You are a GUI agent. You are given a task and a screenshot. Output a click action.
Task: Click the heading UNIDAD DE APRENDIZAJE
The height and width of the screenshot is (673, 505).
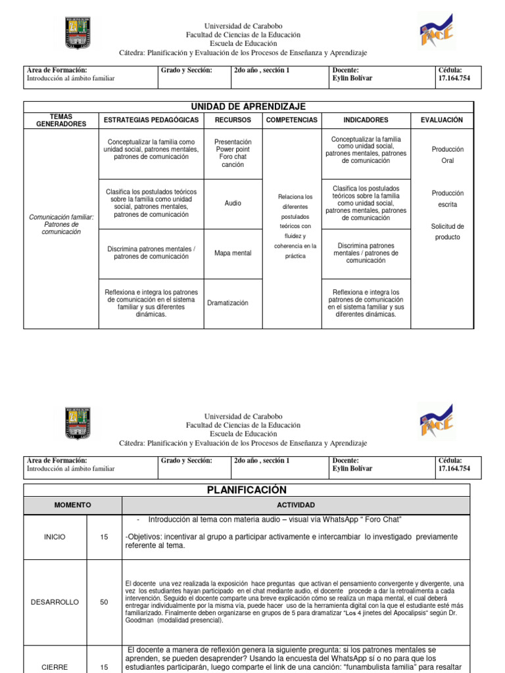click(x=248, y=106)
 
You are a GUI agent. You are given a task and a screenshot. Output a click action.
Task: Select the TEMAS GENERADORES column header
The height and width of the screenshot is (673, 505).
click(x=60, y=120)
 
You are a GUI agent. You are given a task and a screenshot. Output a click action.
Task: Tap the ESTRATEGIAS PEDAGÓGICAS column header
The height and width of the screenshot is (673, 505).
click(x=151, y=120)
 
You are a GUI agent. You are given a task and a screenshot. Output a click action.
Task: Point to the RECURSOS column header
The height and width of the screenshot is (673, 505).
click(x=233, y=120)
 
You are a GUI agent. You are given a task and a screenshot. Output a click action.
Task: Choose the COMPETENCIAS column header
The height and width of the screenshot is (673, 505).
click(x=291, y=120)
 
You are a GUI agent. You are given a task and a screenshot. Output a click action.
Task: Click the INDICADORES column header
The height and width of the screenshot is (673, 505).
click(x=366, y=120)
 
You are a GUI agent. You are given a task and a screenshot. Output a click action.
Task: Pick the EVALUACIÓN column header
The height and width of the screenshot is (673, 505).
click(x=442, y=120)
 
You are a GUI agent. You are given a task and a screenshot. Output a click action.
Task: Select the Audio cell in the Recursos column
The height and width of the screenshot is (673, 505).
click(x=233, y=204)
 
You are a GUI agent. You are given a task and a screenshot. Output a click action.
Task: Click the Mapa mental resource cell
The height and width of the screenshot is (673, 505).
click(x=233, y=253)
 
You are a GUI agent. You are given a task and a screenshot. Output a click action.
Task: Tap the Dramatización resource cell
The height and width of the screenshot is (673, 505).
click(x=228, y=303)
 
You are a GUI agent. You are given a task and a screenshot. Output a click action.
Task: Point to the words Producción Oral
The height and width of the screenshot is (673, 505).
click(x=447, y=155)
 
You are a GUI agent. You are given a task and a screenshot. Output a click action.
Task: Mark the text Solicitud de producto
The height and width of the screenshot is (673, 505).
click(x=447, y=231)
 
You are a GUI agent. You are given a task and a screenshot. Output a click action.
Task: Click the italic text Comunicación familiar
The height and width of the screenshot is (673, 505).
click(x=62, y=216)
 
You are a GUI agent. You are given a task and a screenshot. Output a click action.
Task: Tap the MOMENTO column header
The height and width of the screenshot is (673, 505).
click(x=72, y=505)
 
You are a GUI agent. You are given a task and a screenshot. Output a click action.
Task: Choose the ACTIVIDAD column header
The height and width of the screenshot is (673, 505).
click(x=296, y=505)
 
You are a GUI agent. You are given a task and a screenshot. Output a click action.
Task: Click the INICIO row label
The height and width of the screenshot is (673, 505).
click(x=55, y=537)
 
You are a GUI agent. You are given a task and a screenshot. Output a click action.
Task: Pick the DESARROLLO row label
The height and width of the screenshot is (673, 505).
click(x=55, y=602)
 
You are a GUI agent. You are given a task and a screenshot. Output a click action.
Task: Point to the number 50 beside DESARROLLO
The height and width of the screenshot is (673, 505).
click(x=104, y=602)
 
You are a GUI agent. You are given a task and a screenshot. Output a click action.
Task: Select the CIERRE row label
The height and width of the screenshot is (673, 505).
click(x=55, y=667)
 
